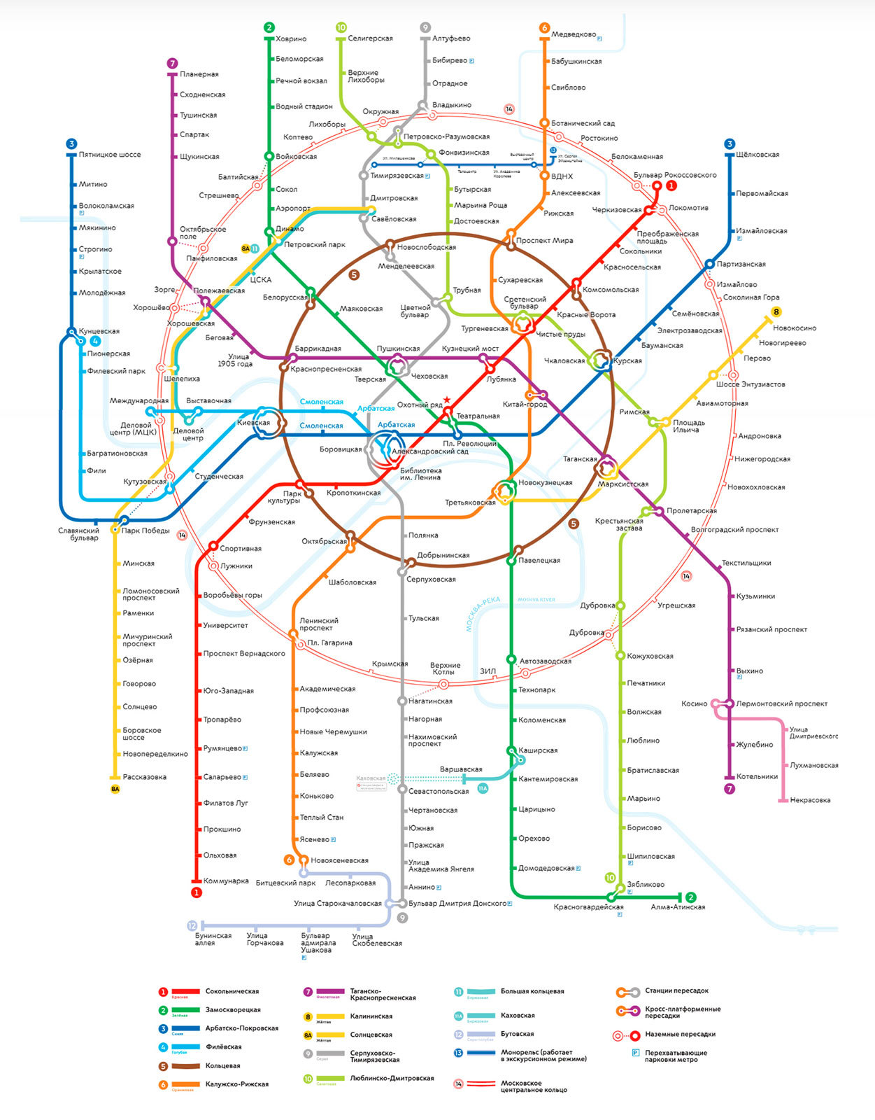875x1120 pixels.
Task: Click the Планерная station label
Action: pos(199,74)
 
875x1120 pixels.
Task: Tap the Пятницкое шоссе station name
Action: pos(110,155)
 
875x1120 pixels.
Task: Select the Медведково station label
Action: pos(574,34)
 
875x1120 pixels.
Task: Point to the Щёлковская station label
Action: pos(757,155)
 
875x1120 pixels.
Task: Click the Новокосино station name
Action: pos(795,328)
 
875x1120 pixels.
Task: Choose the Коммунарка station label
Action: pos(226,881)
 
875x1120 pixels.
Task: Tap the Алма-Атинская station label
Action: pos(678,907)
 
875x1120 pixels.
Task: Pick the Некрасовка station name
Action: pos(810,800)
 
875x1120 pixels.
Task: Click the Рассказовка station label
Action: pos(145,777)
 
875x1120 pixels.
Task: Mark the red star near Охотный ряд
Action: pos(447,400)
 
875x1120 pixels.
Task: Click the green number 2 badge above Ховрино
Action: pos(269,27)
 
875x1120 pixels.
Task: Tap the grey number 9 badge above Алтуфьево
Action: pos(425,27)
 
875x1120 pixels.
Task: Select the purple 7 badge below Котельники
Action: pos(730,789)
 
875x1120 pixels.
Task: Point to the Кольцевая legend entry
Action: pos(222,1065)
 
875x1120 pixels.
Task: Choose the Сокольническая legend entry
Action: pos(232,991)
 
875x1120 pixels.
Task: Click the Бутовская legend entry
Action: pos(517,1034)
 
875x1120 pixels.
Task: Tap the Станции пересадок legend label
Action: pos(676,990)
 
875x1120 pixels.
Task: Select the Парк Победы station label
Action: pos(145,531)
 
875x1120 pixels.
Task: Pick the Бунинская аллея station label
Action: pos(213,939)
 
